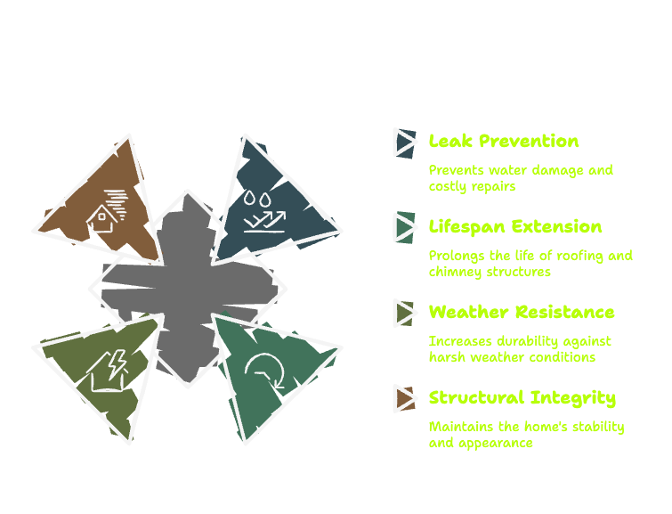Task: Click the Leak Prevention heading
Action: tap(504, 141)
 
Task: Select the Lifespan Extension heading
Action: tap(515, 227)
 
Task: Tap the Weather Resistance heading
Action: tap(522, 312)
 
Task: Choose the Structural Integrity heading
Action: tap(522, 398)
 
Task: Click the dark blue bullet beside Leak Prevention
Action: tap(405, 143)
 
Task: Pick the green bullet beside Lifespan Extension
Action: tap(405, 227)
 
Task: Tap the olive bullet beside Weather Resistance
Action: tap(405, 314)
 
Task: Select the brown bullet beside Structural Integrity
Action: tap(405, 398)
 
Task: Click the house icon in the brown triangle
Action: tap(107, 211)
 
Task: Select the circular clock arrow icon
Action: tap(264, 371)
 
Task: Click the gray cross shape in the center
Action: tap(188, 289)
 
